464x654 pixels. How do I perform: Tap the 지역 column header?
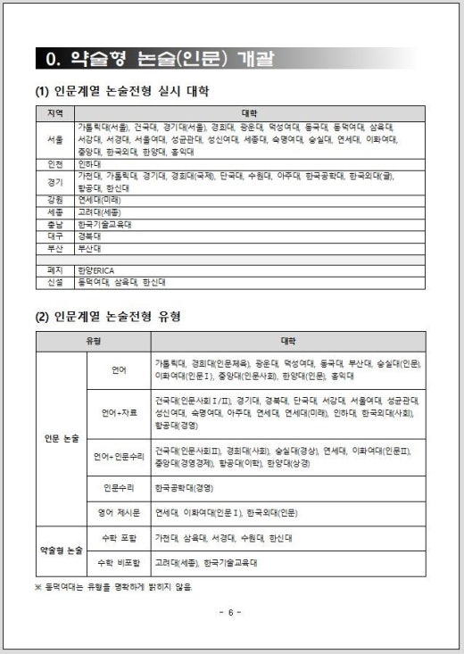54,113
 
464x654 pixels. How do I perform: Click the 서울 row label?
54,140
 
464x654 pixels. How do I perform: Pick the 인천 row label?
54,164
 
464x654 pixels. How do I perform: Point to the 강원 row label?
54,201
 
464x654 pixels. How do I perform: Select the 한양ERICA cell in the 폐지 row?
96,269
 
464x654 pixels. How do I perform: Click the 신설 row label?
54,282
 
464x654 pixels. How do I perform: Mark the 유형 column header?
93,342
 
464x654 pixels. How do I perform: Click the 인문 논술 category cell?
62,438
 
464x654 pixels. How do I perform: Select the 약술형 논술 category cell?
62,551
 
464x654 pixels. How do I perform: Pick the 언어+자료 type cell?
118,413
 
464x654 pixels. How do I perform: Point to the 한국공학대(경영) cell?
184,488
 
